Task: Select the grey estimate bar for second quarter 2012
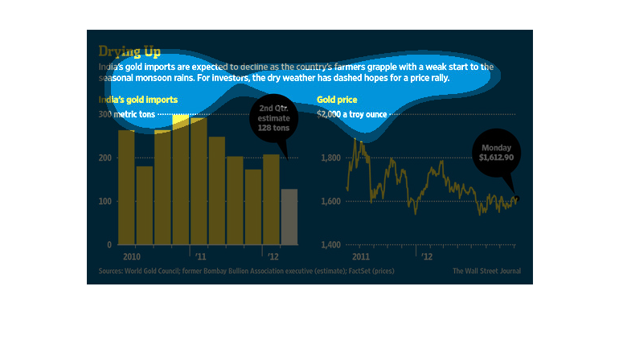289,216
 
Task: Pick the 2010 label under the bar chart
132,256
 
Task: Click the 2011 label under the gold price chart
360,256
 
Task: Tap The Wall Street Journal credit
486,271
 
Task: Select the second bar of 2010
145,205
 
